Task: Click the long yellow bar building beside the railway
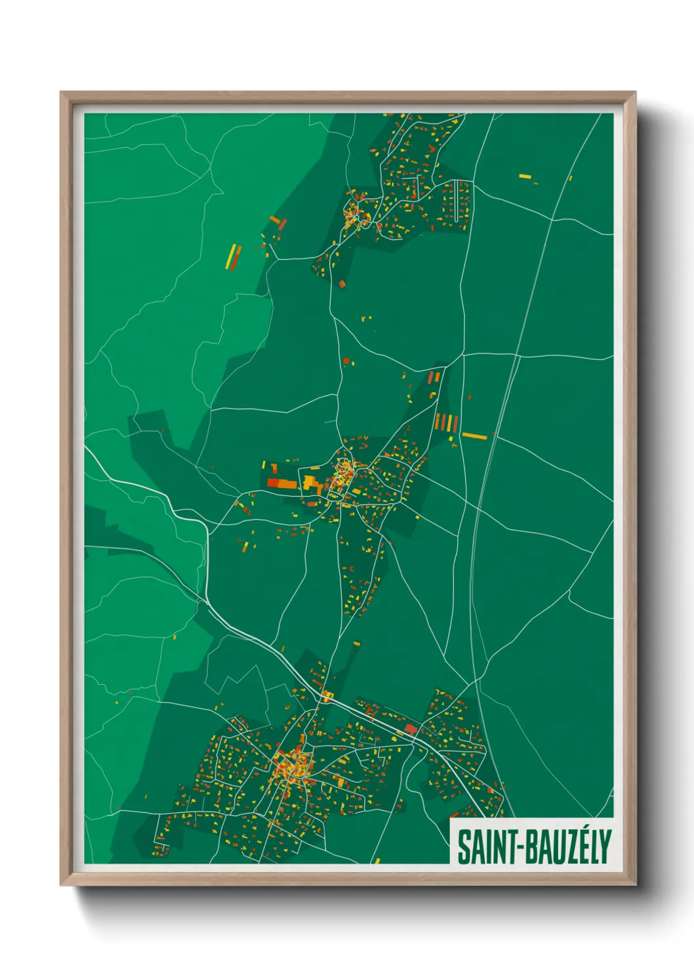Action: [x=474, y=436]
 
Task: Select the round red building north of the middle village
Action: [x=346, y=360]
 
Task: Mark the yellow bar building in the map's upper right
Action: [x=525, y=176]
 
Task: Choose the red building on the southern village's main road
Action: [x=411, y=729]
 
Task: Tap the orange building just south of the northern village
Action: [x=341, y=284]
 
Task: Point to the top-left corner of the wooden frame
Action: [x=61, y=93]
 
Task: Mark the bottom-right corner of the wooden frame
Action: [x=635, y=884]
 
